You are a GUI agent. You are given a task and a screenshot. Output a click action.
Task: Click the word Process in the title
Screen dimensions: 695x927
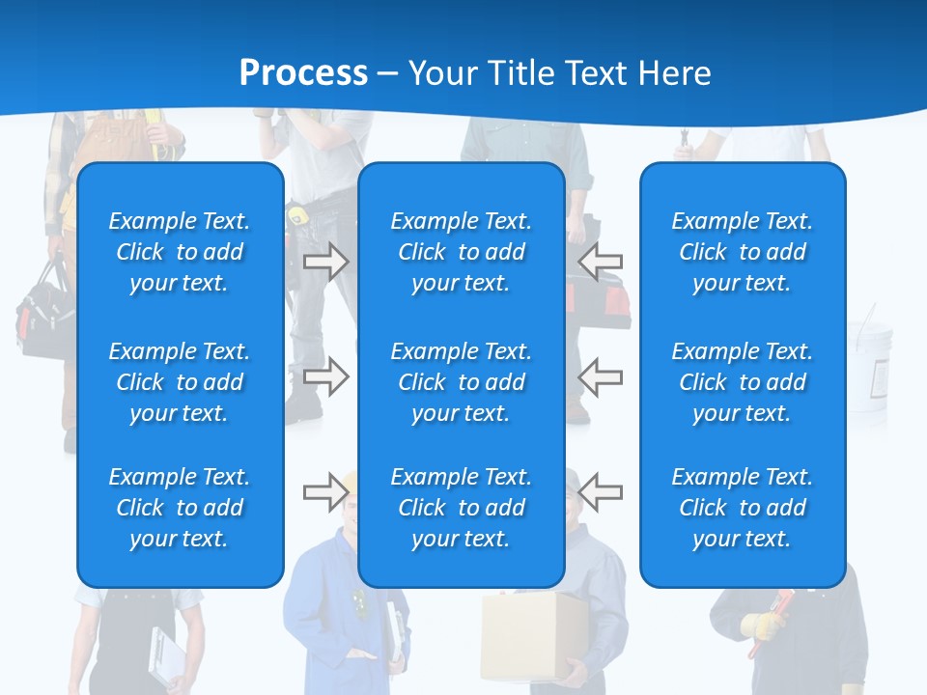[303, 73]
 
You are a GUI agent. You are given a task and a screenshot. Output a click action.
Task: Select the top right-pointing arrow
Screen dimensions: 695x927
[325, 262]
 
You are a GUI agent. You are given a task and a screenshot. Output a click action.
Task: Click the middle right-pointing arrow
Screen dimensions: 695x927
[325, 376]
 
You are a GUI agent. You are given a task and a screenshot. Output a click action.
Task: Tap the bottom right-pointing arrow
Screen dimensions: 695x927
[325, 492]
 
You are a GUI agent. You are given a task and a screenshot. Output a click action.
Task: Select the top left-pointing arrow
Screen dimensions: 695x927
[601, 262]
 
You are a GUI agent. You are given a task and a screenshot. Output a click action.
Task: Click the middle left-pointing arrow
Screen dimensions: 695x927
[601, 376]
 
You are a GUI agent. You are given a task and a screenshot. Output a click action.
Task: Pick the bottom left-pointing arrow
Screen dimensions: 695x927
[601, 492]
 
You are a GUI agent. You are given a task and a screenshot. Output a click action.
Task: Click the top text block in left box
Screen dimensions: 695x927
[180, 252]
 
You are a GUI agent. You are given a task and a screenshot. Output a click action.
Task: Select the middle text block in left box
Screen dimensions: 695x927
[180, 382]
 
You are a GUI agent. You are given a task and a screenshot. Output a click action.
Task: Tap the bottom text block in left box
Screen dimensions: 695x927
[180, 508]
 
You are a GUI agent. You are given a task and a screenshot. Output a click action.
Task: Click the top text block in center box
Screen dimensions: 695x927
[461, 252]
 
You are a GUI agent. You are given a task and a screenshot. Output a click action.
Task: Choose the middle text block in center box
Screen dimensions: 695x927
[461, 382]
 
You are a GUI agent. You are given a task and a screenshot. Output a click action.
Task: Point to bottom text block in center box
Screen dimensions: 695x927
[461, 508]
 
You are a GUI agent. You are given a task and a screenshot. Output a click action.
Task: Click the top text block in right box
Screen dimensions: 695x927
[742, 252]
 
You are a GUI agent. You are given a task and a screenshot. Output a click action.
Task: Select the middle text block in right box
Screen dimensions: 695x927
[742, 382]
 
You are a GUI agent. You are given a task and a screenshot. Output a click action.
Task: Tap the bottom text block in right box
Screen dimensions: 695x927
[742, 508]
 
